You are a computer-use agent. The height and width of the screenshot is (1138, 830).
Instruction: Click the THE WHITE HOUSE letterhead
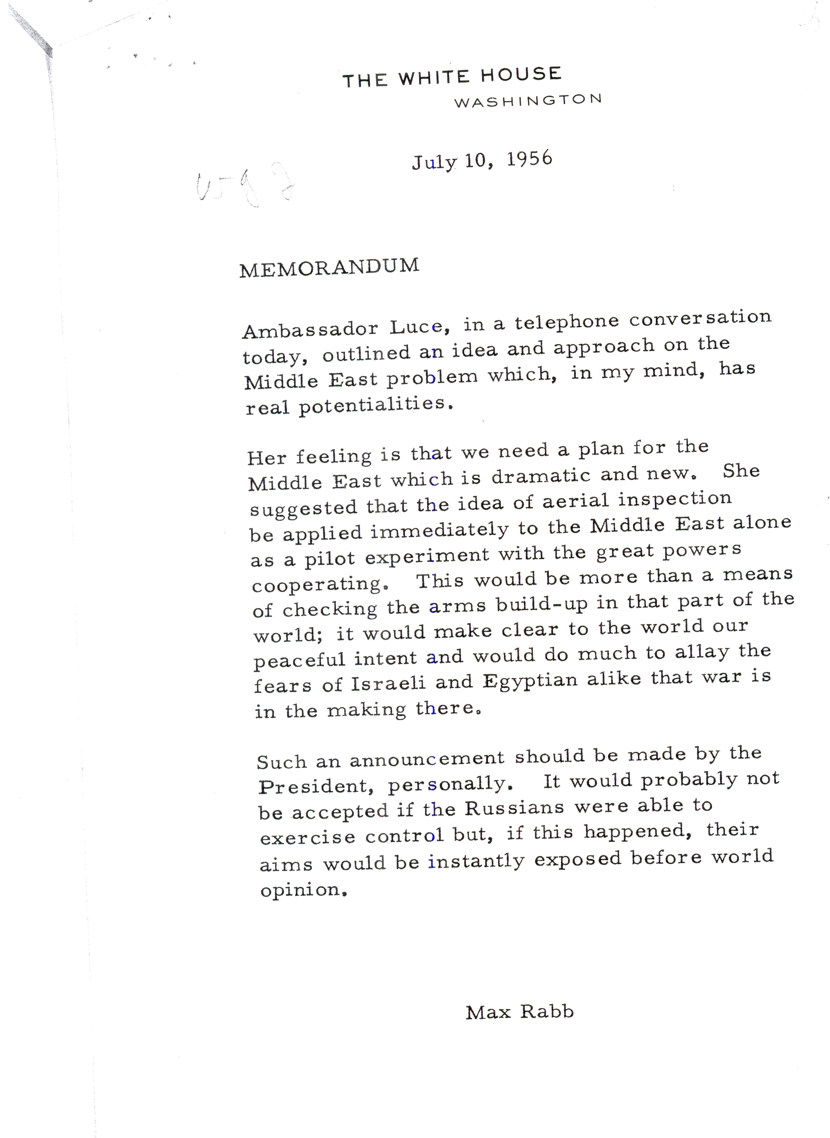point(452,77)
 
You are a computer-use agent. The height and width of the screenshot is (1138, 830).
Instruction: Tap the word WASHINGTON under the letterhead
point(528,100)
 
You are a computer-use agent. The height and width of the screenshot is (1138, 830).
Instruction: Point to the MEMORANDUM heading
point(329,267)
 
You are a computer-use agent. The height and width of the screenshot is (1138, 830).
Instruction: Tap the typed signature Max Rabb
point(519,1012)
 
